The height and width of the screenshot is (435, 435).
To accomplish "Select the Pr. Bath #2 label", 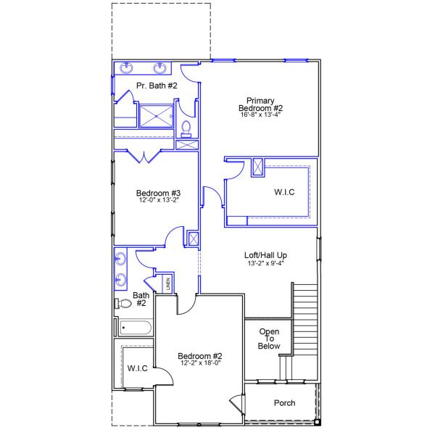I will (157, 86).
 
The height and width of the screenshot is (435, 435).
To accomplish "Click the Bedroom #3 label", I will (158, 193).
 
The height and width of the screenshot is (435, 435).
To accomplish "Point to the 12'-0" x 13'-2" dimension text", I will (158, 202).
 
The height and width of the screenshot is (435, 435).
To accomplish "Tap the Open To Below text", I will (268, 339).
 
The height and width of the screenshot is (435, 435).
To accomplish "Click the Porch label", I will (284, 402).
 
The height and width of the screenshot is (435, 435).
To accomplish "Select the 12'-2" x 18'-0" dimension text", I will (200, 363).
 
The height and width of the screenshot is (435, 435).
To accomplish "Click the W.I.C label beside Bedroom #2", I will (138, 368).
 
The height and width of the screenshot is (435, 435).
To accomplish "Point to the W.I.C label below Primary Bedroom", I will (284, 192).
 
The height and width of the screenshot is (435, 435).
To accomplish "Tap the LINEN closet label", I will (168, 283).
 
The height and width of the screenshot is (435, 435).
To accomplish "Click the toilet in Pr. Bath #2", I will (186, 128).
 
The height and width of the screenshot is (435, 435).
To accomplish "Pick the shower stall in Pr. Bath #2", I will (156, 116).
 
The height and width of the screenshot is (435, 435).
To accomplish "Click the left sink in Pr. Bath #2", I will (128, 69).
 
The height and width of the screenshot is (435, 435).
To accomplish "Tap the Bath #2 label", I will (141, 299).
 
